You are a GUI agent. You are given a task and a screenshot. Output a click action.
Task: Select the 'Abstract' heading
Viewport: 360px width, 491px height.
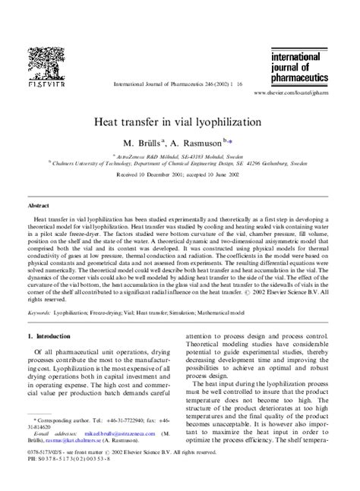[x=39, y=206]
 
